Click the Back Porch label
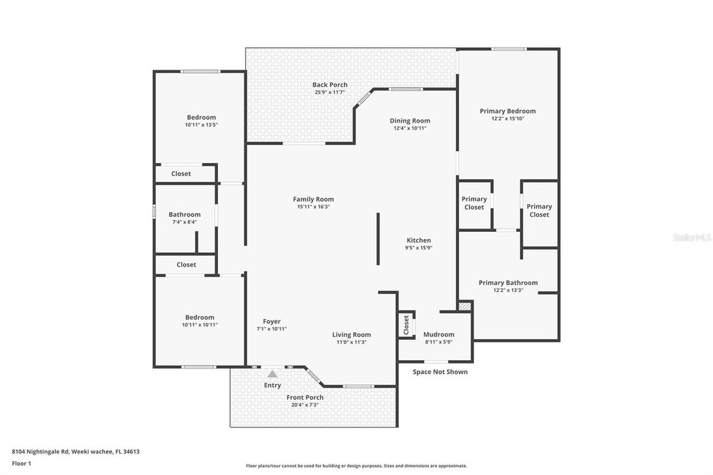(329, 85)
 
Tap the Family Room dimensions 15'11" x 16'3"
(313, 207)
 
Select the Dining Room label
(409, 120)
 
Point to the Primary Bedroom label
(508, 111)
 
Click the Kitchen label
(418, 240)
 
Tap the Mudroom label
(439, 334)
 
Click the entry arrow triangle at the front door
(272, 374)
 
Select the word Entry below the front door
(272, 385)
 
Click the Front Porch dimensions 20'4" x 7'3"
(305, 405)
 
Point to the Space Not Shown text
(440, 372)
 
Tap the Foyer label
(272, 321)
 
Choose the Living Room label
(351, 334)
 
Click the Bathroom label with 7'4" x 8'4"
(185, 215)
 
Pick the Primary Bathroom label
(508, 283)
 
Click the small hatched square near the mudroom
(465, 306)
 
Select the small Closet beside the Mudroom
(406, 325)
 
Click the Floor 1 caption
(22, 463)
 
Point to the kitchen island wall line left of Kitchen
(378, 239)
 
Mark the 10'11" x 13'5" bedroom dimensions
(201, 125)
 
